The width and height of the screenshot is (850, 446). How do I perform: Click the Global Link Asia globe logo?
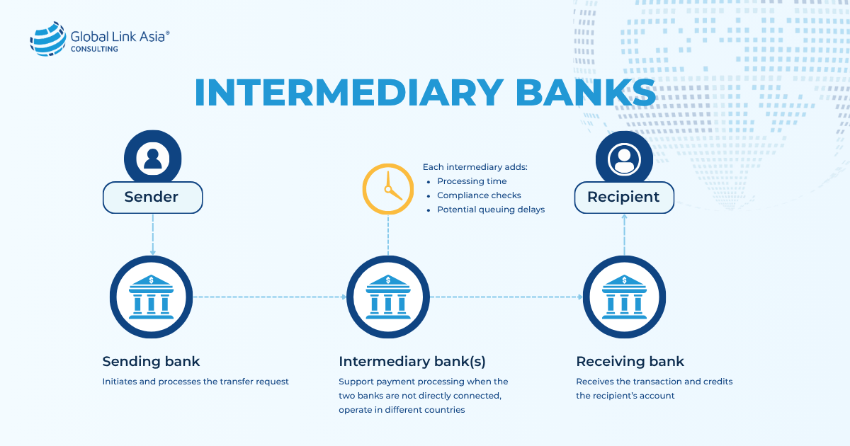click(x=47, y=39)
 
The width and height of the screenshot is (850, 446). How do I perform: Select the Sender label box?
click(x=152, y=198)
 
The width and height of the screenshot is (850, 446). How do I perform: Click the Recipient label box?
click(x=623, y=197)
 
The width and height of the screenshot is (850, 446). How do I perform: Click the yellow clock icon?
click(x=388, y=189)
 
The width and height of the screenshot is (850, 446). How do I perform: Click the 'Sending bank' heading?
click(x=151, y=362)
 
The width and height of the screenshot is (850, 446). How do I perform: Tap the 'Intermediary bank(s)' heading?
click(x=412, y=362)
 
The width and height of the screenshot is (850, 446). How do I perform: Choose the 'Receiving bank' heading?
click(x=630, y=362)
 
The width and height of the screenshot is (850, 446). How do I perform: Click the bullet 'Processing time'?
click(x=472, y=181)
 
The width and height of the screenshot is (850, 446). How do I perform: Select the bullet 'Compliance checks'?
click(x=479, y=195)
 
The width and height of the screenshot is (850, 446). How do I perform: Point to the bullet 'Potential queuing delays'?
click(x=490, y=210)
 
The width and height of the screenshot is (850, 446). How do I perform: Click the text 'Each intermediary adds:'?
click(x=475, y=167)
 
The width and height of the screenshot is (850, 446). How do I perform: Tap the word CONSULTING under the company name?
click(x=94, y=50)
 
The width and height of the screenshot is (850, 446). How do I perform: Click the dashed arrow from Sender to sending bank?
click(x=152, y=234)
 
